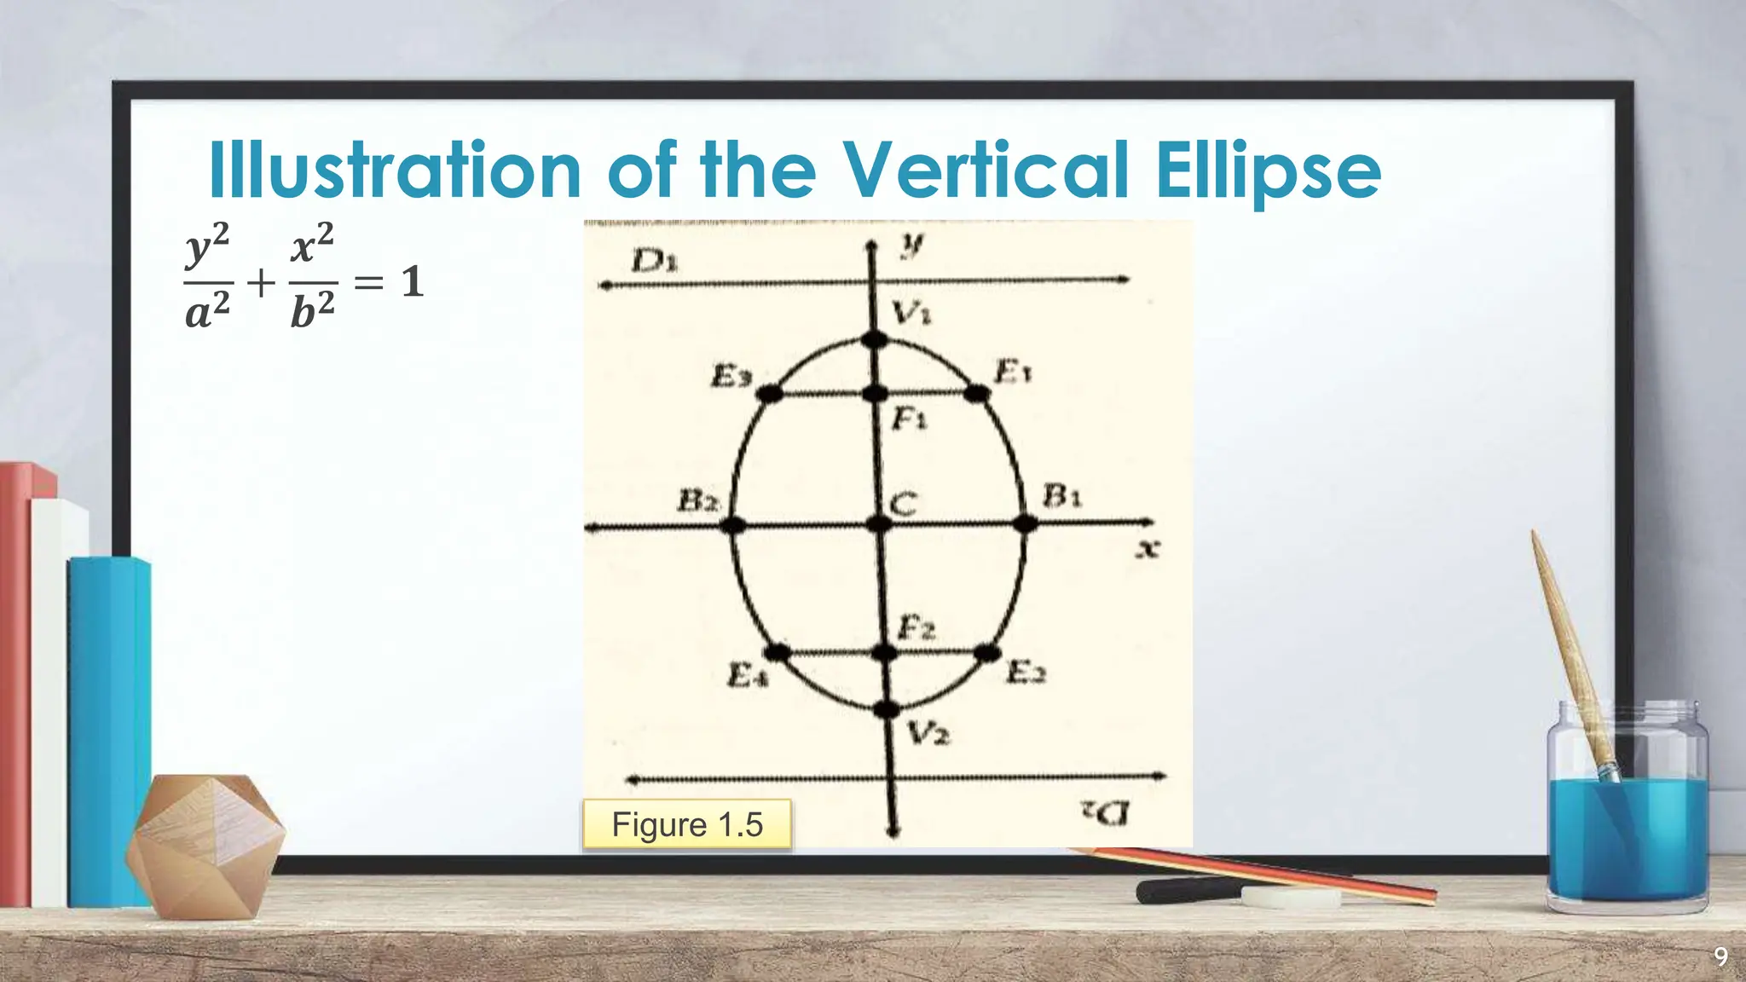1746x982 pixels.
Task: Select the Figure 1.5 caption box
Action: (x=687, y=824)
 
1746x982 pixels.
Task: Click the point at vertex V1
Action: (x=874, y=340)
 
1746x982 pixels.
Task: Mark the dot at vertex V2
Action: (x=887, y=708)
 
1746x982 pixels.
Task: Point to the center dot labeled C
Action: (x=879, y=523)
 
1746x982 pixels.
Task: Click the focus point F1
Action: (x=876, y=393)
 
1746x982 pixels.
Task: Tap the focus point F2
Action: (x=885, y=654)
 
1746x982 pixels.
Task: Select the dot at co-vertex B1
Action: (x=1026, y=523)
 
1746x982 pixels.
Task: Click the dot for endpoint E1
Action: (x=977, y=393)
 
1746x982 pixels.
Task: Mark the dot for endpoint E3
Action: (x=770, y=393)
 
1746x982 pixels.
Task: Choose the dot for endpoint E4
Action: (x=778, y=654)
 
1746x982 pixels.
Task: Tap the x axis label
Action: (x=1148, y=549)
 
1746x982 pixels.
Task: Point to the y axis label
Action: (x=911, y=246)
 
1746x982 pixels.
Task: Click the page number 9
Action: (x=1720, y=956)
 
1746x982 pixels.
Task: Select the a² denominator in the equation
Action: (x=208, y=312)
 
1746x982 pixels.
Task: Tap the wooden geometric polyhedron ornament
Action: (x=205, y=844)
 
